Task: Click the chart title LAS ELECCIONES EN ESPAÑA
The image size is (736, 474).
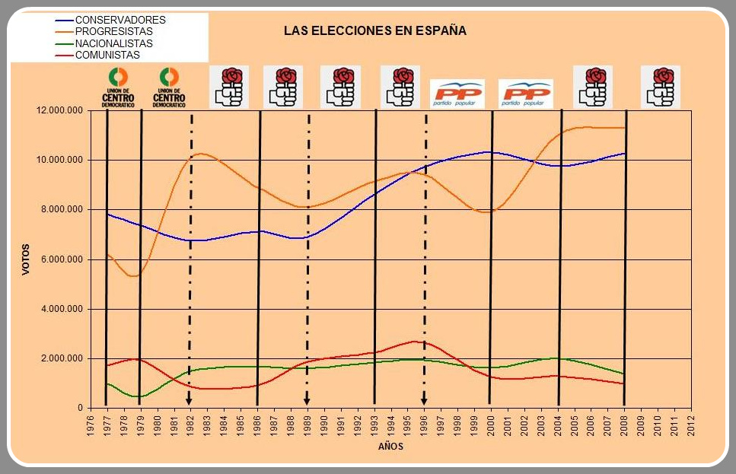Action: click(x=374, y=31)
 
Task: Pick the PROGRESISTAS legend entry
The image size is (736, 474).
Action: click(x=113, y=31)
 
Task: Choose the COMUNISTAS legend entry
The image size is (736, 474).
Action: click(x=107, y=55)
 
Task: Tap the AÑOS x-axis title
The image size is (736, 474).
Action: click(x=390, y=447)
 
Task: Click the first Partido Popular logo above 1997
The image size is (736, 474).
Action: click(x=457, y=94)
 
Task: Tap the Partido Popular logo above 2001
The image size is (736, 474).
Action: click(x=525, y=94)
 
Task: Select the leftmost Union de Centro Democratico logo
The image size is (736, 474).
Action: click(x=118, y=87)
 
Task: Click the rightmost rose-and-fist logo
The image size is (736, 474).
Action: click(x=660, y=87)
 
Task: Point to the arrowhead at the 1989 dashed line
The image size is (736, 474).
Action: click(x=307, y=399)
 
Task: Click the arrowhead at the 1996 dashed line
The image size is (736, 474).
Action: click(x=424, y=399)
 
